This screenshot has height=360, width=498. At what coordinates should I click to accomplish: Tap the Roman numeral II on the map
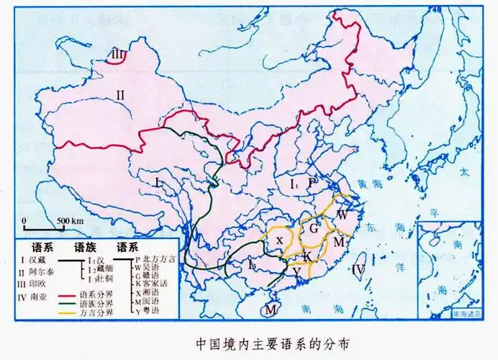click(121, 94)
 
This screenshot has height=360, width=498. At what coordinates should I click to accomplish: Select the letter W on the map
click(343, 215)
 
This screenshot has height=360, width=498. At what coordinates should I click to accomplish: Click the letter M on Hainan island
click(271, 310)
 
